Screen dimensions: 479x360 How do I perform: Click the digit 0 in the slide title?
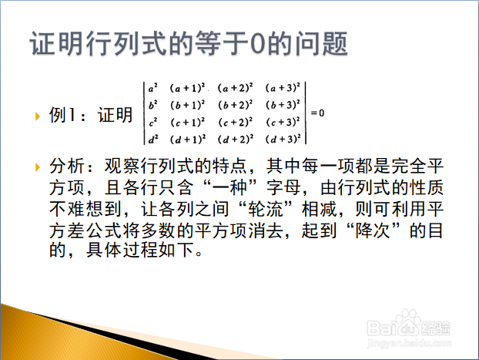(x=258, y=43)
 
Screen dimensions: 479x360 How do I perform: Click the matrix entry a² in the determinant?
(x=152, y=88)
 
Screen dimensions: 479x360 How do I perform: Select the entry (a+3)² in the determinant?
(x=283, y=88)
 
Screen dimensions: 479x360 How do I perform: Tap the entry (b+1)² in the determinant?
(x=188, y=105)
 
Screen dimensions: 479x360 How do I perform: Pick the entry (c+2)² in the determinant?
(x=236, y=123)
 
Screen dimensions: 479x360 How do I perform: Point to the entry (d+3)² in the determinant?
(x=283, y=140)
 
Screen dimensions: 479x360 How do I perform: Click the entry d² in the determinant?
(x=153, y=140)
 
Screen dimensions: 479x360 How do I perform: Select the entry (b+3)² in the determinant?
(x=283, y=105)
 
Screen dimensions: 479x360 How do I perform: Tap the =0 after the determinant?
(x=318, y=113)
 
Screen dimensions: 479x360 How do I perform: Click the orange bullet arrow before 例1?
(x=38, y=116)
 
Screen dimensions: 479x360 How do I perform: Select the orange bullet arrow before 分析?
(x=38, y=167)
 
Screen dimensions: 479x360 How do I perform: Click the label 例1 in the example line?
(x=62, y=116)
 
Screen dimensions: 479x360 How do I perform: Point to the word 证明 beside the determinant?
(x=115, y=116)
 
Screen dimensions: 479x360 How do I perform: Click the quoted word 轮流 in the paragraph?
(x=266, y=209)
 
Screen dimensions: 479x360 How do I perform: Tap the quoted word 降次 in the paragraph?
(x=373, y=230)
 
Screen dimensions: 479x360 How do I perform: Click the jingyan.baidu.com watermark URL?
(x=409, y=343)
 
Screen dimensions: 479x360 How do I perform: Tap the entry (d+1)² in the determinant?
(x=188, y=140)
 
